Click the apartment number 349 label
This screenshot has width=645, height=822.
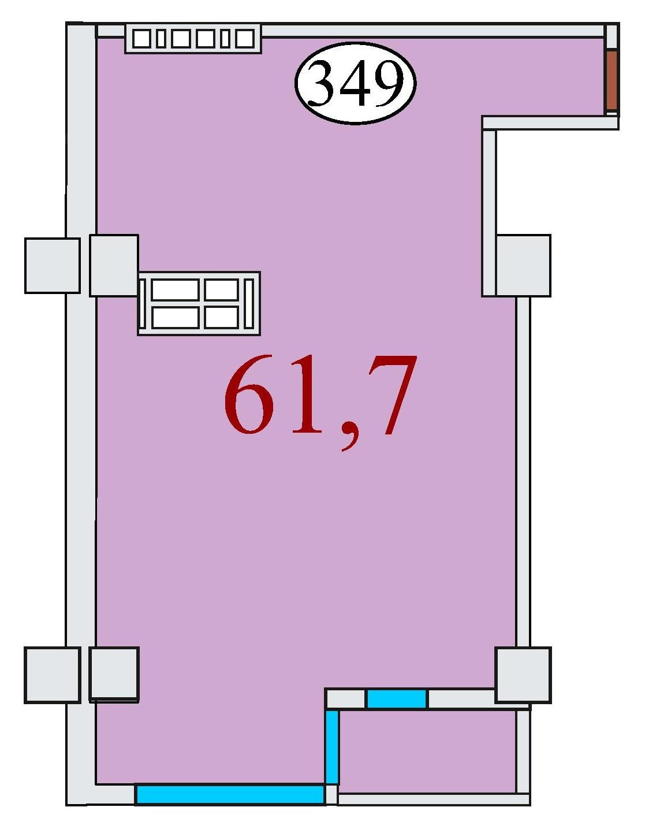point(355,83)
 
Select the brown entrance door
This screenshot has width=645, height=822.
point(612,80)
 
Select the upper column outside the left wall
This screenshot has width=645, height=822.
point(53,266)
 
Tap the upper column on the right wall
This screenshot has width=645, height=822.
point(523,266)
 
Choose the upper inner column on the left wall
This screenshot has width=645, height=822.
point(114,266)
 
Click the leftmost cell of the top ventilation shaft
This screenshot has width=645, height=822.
point(142,39)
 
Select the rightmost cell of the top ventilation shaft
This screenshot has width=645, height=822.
point(244,39)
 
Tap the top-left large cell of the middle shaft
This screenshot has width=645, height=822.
point(176,290)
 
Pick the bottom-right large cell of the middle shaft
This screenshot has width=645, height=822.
point(222,317)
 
